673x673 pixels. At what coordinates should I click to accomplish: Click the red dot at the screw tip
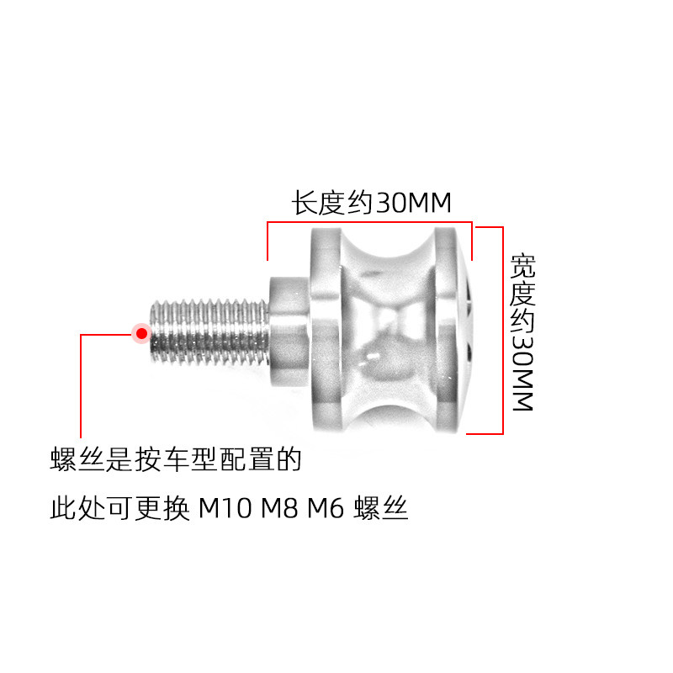pyautogui.click(x=141, y=334)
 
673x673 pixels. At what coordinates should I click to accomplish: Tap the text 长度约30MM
pyautogui.click(x=372, y=204)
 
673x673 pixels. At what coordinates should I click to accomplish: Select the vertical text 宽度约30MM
pyautogui.click(x=522, y=332)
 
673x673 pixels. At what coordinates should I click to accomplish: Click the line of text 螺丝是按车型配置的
pyautogui.click(x=175, y=460)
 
